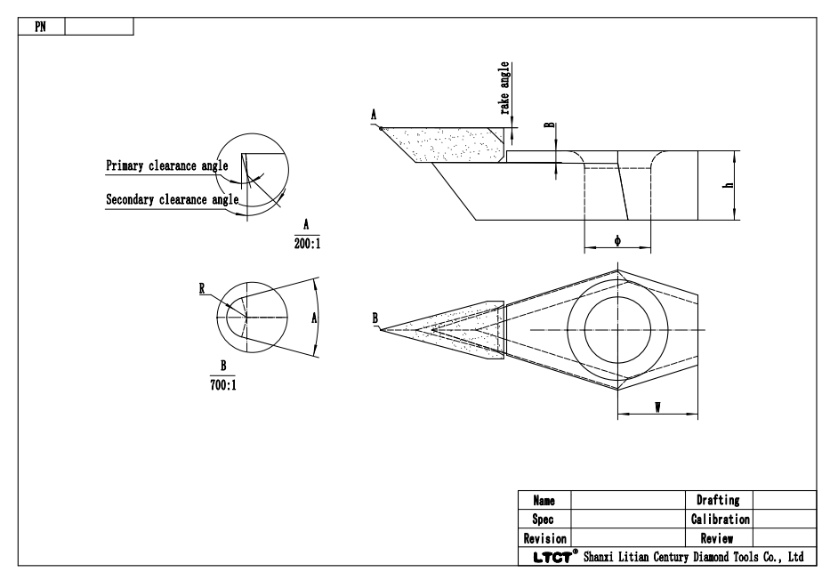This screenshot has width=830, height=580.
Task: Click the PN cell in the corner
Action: click(x=39, y=26)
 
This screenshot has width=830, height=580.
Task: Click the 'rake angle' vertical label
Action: click(x=505, y=88)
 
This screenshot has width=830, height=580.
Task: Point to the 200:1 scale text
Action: click(x=305, y=242)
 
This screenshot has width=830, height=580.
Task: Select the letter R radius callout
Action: click(x=204, y=288)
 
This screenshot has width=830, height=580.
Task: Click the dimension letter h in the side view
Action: click(x=728, y=184)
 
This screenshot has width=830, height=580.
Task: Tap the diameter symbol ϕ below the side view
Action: click(x=617, y=241)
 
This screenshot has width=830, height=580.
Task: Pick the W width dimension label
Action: click(x=657, y=407)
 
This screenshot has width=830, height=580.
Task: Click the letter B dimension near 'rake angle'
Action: click(x=549, y=126)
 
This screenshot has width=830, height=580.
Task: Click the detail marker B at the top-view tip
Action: click(x=375, y=318)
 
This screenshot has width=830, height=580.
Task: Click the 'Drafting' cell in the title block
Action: click(x=720, y=501)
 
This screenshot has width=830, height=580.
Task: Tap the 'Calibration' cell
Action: click(x=720, y=519)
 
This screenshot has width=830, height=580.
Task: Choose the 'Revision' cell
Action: click(x=544, y=538)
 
